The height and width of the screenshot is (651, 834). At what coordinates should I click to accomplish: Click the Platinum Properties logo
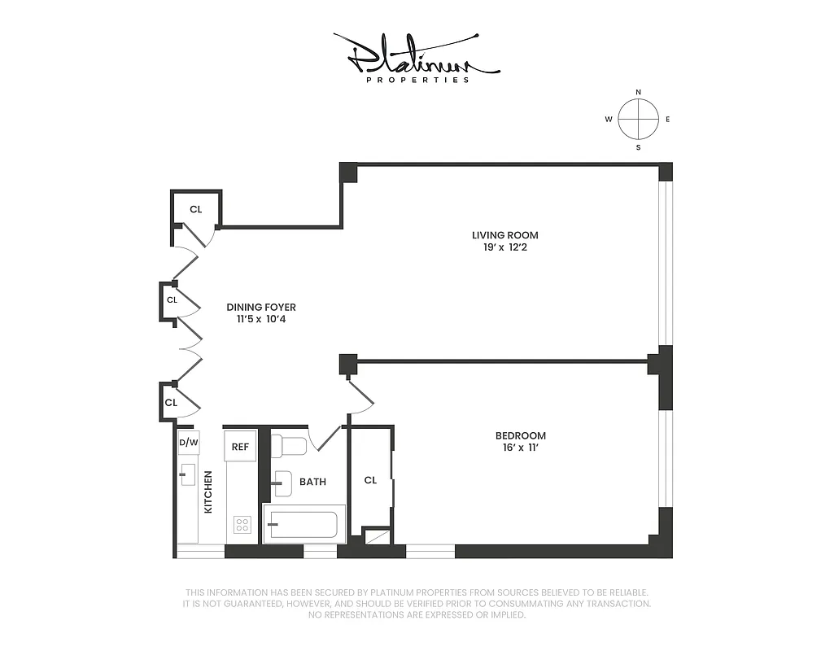point(417,59)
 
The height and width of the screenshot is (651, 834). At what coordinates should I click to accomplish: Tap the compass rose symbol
point(638,120)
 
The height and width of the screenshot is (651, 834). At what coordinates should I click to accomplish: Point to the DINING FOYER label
point(261,308)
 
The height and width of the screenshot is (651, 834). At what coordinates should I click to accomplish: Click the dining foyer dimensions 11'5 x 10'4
point(261,320)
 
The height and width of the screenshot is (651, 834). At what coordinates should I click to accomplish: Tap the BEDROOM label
point(521,435)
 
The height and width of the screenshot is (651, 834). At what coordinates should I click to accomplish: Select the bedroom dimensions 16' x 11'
point(521,448)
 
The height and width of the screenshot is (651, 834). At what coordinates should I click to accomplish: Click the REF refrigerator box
point(240,446)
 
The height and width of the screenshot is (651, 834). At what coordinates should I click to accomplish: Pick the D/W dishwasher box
point(188,443)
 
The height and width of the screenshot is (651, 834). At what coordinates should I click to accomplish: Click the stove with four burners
point(242,525)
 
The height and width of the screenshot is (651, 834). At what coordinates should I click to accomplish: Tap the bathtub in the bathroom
point(303,524)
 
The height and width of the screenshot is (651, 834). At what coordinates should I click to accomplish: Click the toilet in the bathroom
point(290,445)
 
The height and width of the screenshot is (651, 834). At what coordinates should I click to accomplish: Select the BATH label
point(312,482)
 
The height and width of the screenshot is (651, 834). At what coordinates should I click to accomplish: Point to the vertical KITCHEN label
point(208,492)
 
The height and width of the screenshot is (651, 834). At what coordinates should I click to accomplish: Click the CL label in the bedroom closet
point(370,480)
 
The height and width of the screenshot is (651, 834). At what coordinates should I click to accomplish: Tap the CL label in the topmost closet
point(195,209)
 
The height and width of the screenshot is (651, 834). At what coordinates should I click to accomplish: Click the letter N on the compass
point(638,92)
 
